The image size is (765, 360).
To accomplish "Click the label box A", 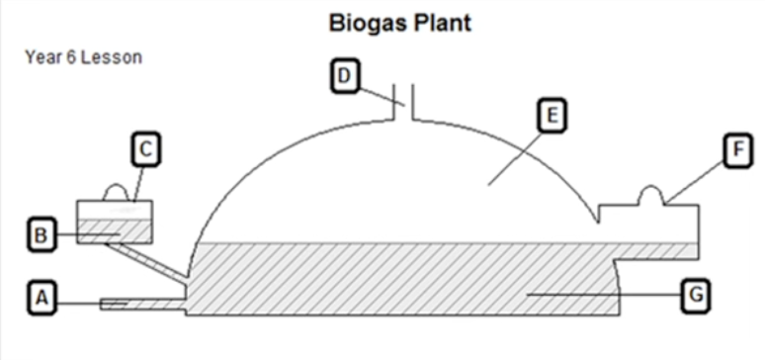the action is pyautogui.click(x=42, y=298).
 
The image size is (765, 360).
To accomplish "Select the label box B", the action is pyautogui.click(x=42, y=235).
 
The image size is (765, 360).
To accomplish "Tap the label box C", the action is pyautogui.click(x=146, y=149).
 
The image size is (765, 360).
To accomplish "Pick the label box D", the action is pyautogui.click(x=345, y=76).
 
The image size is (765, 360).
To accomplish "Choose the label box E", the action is pyautogui.click(x=552, y=116).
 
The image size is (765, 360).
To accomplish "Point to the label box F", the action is pyautogui.click(x=737, y=151).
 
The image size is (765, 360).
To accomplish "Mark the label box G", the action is pyautogui.click(x=695, y=295).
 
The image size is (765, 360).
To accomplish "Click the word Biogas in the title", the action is pyautogui.click(x=368, y=24).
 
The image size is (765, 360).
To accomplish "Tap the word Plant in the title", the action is pyautogui.click(x=444, y=23).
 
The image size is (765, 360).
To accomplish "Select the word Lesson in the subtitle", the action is pyautogui.click(x=112, y=57).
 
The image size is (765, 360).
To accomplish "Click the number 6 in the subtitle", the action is pyautogui.click(x=72, y=57).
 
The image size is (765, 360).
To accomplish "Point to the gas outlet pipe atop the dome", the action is pyautogui.click(x=403, y=102).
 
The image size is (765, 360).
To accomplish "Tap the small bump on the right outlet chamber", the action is pyautogui.click(x=651, y=195).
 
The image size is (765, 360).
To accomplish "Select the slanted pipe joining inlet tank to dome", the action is pyautogui.click(x=145, y=262).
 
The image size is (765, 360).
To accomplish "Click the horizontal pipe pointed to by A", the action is pyautogui.click(x=143, y=305).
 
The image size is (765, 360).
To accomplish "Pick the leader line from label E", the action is pyautogui.click(x=515, y=158).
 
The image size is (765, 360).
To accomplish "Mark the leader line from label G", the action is pyautogui.click(x=605, y=295).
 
